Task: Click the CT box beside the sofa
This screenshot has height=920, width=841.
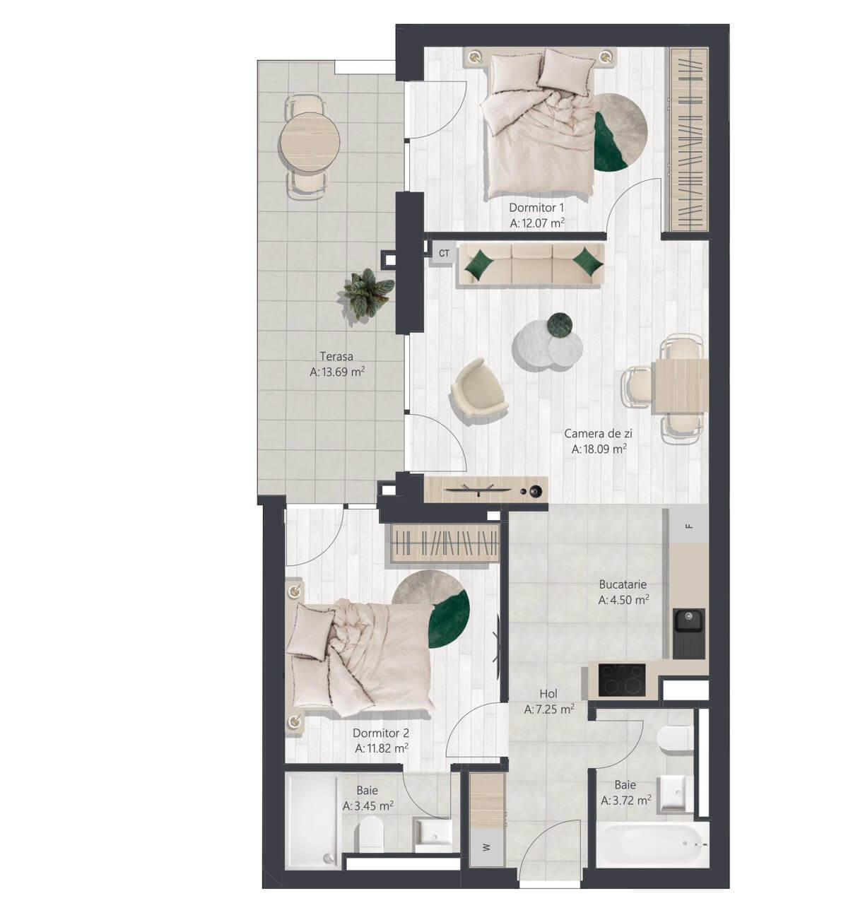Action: (444, 253)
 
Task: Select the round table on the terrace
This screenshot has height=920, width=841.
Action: (310, 141)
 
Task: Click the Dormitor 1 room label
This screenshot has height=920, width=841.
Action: (536, 208)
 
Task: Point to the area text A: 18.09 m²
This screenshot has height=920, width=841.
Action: (599, 449)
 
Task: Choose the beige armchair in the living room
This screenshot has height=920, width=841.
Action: (479, 392)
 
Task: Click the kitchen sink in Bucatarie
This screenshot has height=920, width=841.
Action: (688, 633)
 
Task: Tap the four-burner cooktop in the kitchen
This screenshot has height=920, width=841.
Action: (622, 679)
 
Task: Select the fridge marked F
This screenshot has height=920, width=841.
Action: (688, 526)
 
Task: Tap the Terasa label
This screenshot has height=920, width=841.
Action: (336, 356)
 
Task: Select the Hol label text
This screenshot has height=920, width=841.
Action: (548, 693)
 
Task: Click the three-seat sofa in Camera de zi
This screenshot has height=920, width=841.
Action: (532, 266)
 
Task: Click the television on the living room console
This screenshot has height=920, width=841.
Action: (478, 490)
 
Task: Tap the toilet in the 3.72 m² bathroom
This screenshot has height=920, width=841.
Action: (675, 739)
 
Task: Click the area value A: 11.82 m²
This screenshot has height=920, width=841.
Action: (382, 748)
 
